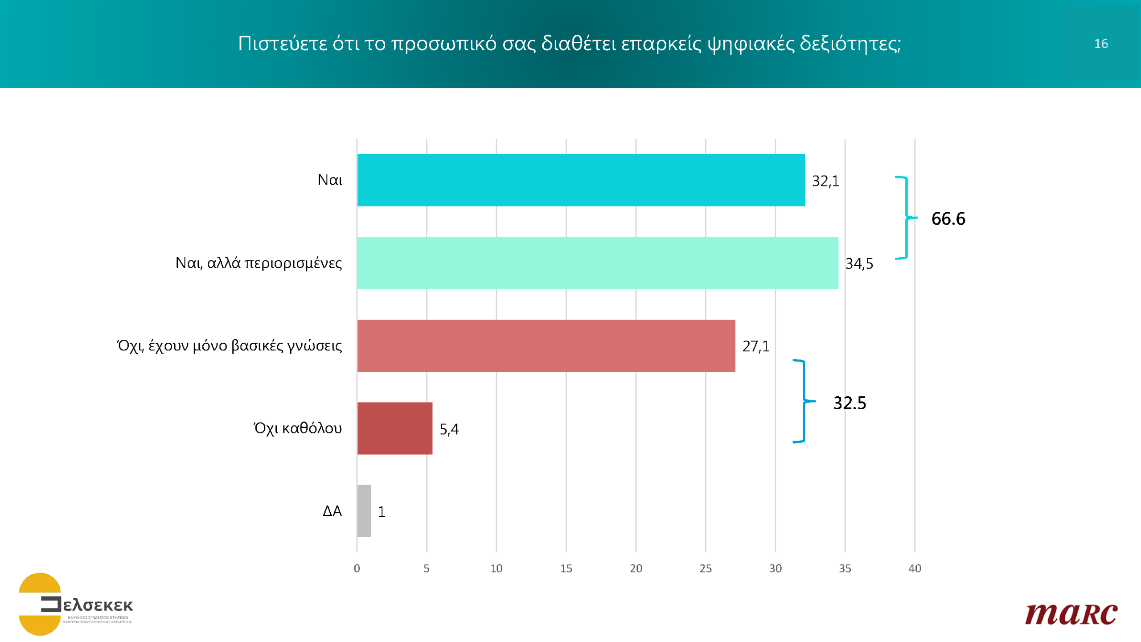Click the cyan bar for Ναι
tap(581, 180)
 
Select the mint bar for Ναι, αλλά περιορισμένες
tap(597, 263)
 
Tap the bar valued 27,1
tap(546, 346)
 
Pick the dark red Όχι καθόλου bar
tap(394, 428)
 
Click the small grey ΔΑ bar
tap(364, 511)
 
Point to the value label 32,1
tap(825, 181)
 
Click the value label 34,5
tap(859, 263)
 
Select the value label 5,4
tap(449, 429)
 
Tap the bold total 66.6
tap(948, 218)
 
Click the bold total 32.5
tap(850, 403)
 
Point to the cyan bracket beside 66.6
tap(906, 218)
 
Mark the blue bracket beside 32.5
tap(804, 401)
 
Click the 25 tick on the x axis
tap(706, 568)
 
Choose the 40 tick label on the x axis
tap(915, 568)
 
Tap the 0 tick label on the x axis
tap(357, 568)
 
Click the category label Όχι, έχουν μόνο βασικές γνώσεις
tap(230, 346)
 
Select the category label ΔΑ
tap(332, 511)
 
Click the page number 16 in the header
tap(1101, 44)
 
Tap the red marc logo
tap(1071, 614)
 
